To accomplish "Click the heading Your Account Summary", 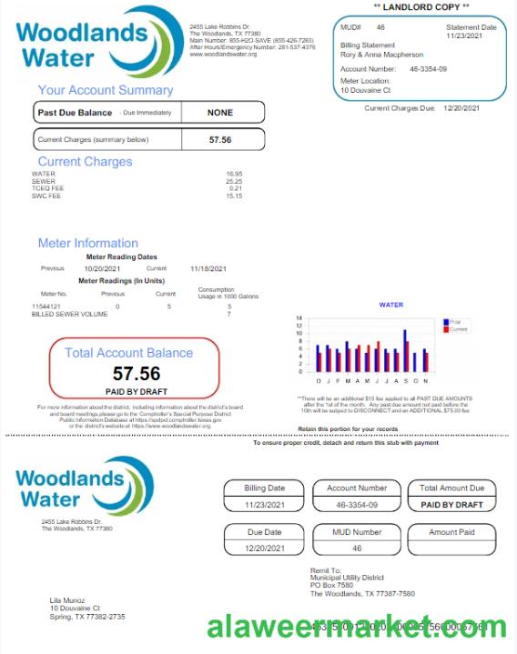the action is pos(105,90).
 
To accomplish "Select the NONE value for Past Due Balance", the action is pos(220,113).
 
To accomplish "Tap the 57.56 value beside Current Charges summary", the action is pos(220,140).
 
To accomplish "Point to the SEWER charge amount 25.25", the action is pos(234,181).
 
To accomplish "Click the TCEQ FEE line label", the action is pos(46,188).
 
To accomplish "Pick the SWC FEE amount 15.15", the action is pos(234,196).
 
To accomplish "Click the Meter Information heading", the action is pos(88,243).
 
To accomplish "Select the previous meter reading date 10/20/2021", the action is pos(102,269).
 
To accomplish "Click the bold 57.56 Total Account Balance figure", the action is pos(137,373).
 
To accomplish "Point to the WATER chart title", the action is pos(390,305).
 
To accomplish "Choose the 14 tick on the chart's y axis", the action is pos(300,320).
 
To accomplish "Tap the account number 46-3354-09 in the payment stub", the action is pos(356,504).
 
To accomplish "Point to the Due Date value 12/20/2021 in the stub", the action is pos(264,548).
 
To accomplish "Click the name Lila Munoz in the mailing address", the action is pos(69,600).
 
